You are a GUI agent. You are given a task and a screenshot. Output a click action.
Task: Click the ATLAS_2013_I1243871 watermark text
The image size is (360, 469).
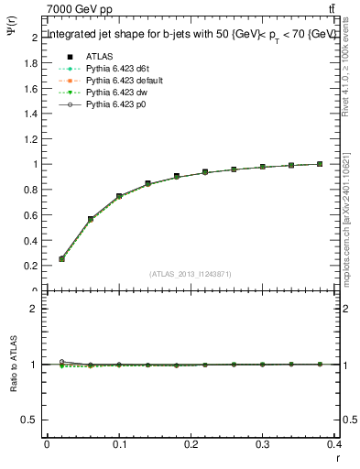191,274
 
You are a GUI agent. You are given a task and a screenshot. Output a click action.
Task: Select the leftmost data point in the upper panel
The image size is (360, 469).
61,258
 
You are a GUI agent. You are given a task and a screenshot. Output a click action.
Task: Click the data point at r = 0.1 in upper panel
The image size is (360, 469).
119,196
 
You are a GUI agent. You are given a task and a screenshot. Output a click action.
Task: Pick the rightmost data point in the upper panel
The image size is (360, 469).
320,164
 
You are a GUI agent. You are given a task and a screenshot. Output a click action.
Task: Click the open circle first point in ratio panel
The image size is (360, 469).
61,362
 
